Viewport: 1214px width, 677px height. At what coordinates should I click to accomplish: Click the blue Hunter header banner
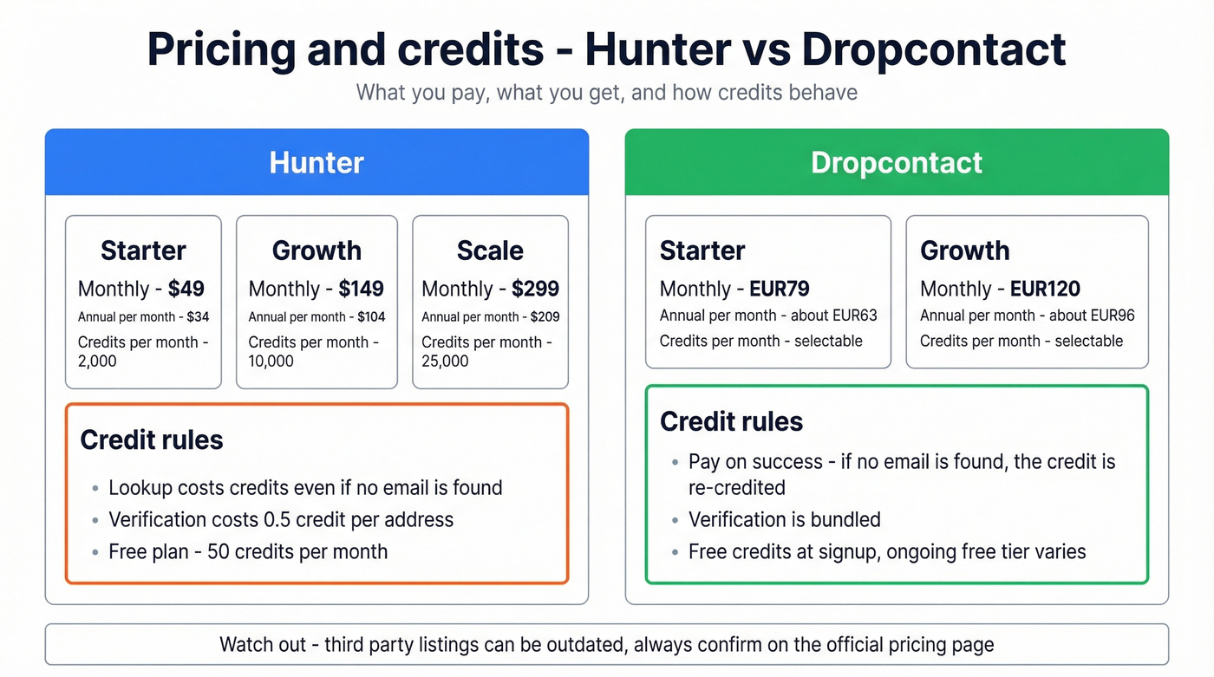pos(317,163)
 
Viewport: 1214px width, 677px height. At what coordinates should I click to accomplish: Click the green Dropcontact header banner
pos(897,163)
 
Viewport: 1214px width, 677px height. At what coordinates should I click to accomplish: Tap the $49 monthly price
pos(186,289)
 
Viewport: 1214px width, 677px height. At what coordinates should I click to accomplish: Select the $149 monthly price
pos(361,289)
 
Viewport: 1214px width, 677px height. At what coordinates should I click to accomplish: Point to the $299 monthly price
pos(535,289)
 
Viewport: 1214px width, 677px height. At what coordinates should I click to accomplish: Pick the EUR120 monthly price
pos(1045,289)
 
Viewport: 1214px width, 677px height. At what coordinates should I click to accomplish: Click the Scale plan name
pos(490,251)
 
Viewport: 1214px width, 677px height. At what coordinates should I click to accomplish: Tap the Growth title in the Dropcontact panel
pos(964,251)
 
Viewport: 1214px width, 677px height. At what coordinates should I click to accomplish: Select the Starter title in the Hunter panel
pos(143,251)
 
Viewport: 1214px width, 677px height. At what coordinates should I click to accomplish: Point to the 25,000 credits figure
pos(445,361)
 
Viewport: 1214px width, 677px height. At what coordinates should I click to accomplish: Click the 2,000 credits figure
pos(97,361)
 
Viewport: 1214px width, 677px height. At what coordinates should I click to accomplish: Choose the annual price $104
pos(371,317)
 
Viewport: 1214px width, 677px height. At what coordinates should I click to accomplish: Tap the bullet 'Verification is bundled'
pos(784,519)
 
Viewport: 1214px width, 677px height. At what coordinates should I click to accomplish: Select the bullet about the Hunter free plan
pos(247,551)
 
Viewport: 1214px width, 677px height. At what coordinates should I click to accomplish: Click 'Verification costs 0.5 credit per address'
pos(280,519)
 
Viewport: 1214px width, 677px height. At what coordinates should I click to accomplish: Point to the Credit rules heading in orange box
pos(152,439)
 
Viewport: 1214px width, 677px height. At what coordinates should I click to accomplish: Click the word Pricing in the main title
pos(221,49)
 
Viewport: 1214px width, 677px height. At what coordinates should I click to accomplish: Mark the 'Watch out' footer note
pos(606,644)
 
